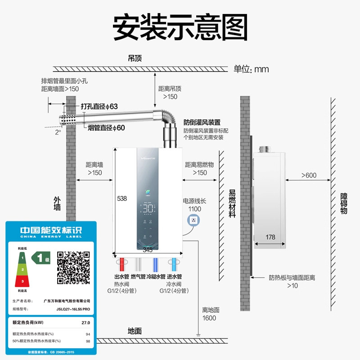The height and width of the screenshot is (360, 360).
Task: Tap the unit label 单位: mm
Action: [251, 69]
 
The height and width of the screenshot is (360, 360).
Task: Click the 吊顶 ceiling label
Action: [135, 58]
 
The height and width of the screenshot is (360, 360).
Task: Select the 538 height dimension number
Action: [122, 198]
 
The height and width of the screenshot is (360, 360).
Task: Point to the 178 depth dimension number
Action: [270, 237]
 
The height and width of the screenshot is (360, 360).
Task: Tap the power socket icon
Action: [194, 221]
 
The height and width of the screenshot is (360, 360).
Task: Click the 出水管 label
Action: [122, 277]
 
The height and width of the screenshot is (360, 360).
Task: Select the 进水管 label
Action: [174, 277]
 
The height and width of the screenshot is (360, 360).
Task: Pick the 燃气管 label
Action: [139, 277]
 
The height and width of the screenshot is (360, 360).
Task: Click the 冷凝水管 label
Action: [156, 277]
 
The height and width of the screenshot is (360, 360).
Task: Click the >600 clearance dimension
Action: [309, 175]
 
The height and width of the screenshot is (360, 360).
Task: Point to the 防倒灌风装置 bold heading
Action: [202, 122]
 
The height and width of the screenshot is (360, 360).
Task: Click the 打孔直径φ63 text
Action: [99, 107]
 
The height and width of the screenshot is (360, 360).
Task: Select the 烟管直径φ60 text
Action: [106, 128]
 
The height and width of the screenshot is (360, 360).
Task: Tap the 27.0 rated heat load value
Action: [85, 322]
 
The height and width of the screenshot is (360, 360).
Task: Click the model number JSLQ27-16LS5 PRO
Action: [67, 309]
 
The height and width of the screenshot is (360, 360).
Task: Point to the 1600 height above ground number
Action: [209, 318]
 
